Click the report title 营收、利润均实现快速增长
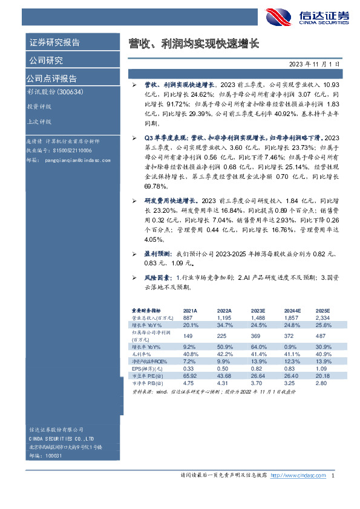click(x=194, y=44)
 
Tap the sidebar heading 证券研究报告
click(x=54, y=42)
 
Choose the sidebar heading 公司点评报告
click(x=51, y=79)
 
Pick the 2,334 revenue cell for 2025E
click(x=322, y=317)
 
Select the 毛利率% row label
click(x=142, y=353)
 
